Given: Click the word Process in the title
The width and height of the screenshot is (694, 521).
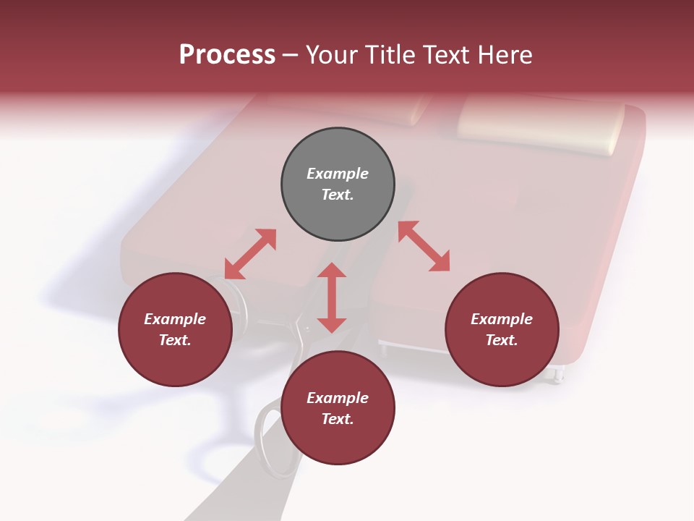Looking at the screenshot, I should point(227,55).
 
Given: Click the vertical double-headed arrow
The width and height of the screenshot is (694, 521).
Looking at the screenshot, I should point(332,298).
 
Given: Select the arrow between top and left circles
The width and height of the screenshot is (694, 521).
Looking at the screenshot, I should point(250,254).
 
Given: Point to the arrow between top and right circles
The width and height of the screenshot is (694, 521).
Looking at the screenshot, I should point(424,246).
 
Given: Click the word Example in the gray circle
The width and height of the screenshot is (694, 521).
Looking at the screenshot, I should point(338,174).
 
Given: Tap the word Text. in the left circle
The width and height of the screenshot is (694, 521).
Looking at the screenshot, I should point(175,340).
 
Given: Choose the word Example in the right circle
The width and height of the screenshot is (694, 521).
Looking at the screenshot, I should point(502,319).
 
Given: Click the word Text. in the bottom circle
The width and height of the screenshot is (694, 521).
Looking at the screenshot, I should point(338,419).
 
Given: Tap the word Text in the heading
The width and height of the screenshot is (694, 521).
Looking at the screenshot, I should point(445,55).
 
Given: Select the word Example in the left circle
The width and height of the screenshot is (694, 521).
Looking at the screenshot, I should point(175,319).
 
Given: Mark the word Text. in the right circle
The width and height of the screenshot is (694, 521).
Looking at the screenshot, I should point(502,340).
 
